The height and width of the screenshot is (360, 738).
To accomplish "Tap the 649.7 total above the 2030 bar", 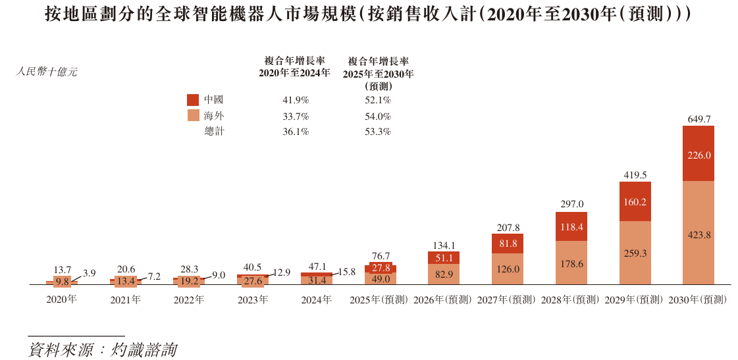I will (698, 120).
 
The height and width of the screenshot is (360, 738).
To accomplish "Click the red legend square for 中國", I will (193, 100).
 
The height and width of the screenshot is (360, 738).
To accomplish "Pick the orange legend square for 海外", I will (193, 116).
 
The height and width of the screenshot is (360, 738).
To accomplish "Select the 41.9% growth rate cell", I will (296, 100).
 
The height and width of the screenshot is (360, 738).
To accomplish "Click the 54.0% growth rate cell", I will (379, 116).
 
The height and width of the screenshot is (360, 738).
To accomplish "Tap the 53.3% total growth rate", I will (379, 132).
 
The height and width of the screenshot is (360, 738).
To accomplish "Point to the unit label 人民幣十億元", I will (47, 72).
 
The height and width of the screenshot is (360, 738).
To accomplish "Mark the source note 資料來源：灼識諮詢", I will (103, 349).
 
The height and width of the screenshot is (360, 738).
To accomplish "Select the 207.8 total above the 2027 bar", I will (508, 228).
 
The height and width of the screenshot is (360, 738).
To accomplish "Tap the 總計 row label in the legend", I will (214, 132).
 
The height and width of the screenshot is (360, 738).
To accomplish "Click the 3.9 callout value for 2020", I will (90, 272).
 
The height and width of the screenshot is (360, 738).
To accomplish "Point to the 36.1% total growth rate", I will (296, 132).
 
